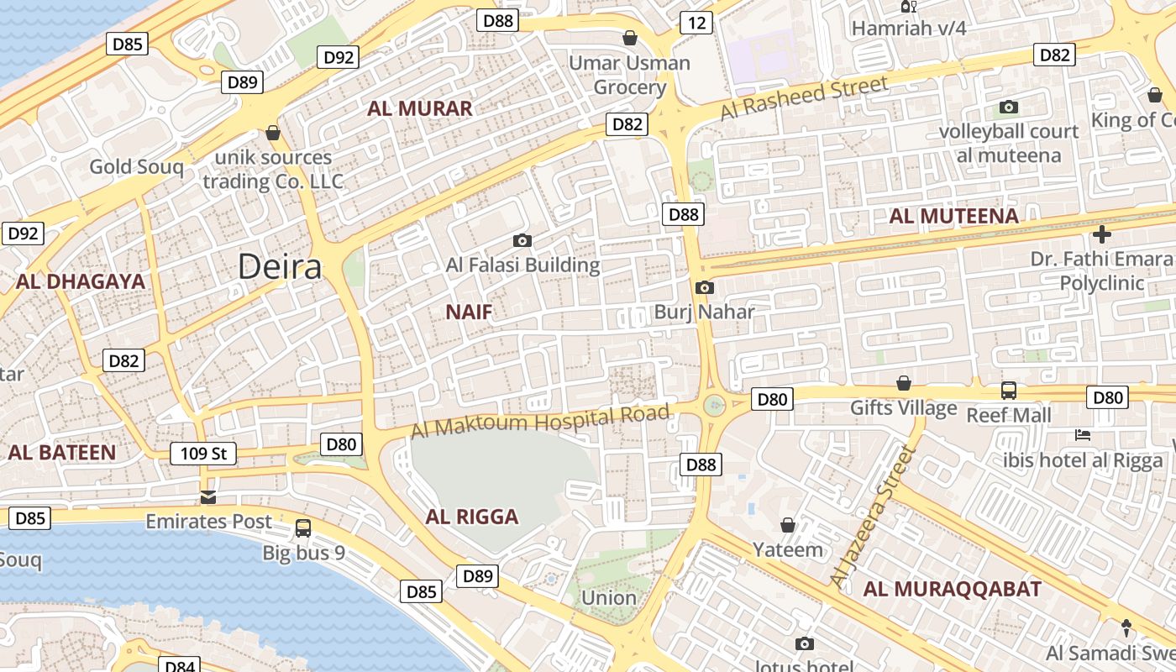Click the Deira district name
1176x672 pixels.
[x=280, y=266]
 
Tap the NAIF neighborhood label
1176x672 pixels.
[x=469, y=312]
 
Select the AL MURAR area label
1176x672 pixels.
[x=420, y=108]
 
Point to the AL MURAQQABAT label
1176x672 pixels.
[x=953, y=589]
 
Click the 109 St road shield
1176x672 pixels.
[x=203, y=454]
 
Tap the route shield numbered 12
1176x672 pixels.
[x=696, y=23]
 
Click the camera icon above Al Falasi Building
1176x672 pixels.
[x=522, y=241]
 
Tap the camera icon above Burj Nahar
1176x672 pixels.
[x=705, y=288]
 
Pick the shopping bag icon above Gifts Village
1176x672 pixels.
[x=904, y=383]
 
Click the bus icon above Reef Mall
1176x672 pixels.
[x=1009, y=391]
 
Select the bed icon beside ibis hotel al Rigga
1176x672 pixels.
[x=1083, y=435]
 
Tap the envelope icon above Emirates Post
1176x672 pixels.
[x=208, y=497]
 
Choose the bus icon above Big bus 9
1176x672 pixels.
[x=303, y=528]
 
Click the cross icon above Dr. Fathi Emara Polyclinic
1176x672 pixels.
[x=1102, y=234]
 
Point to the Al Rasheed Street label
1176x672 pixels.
[x=804, y=97]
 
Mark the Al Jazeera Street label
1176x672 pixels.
[x=871, y=517]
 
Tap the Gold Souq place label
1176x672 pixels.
[x=136, y=166]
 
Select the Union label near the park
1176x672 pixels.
[x=609, y=597]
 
